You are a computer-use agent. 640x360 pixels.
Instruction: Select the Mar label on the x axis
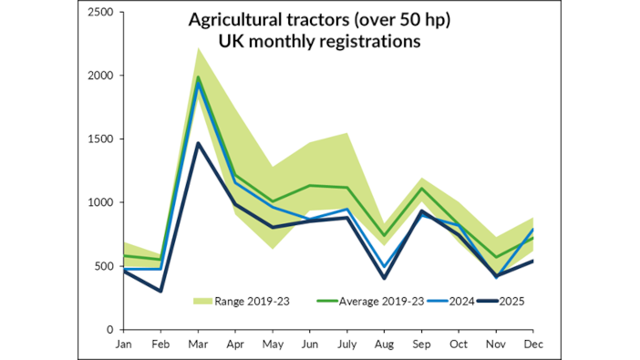[200, 345]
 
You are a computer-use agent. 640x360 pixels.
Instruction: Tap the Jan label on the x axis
[123, 345]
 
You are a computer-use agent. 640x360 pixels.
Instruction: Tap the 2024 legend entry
[462, 300]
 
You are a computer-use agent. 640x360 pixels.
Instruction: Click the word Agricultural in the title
[230, 19]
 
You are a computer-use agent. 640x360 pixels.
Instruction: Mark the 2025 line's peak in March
[199, 143]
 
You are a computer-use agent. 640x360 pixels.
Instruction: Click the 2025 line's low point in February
[161, 292]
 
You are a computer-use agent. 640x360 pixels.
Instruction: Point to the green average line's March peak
[199, 77]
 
